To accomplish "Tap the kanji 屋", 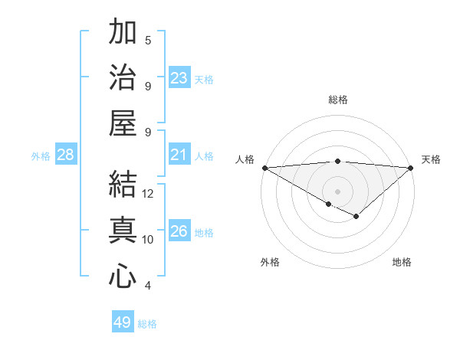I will tap(123, 123).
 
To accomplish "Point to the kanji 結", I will tap(123, 185).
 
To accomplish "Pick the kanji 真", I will tap(123, 231).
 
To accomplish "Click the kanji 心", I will tap(123, 276).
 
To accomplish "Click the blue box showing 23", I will tap(179, 77).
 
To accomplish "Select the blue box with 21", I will tap(179, 155).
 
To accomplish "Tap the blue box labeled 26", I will tap(179, 231).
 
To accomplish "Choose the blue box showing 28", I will tap(66, 155).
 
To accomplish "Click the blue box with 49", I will tap(123, 322).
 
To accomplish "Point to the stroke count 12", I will tap(148, 194).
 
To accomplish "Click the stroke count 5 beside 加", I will tap(148, 40).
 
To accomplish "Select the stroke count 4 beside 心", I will tap(148, 286).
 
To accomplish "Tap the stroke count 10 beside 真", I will tap(148, 240).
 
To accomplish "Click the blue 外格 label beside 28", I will tap(41, 155).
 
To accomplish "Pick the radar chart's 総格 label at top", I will tap(337, 100).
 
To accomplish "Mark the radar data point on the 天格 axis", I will tap(411, 167).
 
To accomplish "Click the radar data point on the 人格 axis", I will tap(264, 167).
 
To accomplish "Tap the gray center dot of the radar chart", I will tap(337, 191).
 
